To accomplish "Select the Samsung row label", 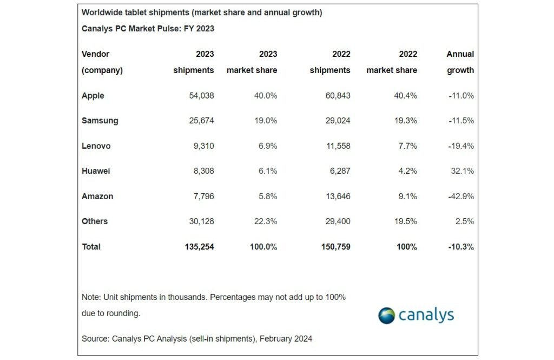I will pos(100,121).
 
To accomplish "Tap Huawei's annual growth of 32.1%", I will pos(461,171).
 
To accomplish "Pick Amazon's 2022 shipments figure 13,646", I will pos(337,196).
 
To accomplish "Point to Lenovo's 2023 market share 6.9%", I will pos(266,146).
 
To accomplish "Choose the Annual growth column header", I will pos(460,62).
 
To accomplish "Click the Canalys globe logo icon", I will pos(386,316).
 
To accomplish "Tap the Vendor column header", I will pos(95,54).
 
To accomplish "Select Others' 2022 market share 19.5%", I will pos(405,221).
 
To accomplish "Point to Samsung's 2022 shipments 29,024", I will pos(337,121).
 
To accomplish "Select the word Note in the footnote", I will pos(90,297).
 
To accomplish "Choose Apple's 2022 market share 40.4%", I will pos(405,96).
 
